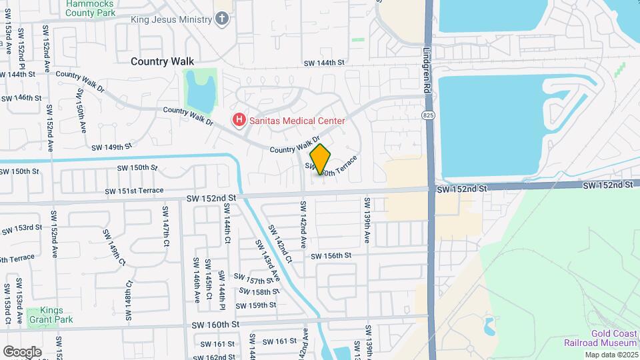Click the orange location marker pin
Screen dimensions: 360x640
(321, 160)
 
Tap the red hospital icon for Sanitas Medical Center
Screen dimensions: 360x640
(237, 121)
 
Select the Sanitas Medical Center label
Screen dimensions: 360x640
(295, 121)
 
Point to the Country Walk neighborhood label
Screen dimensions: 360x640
(162, 61)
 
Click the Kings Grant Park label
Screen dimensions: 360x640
(51, 315)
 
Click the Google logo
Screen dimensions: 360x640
(22, 351)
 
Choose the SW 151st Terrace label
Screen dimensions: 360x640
(134, 191)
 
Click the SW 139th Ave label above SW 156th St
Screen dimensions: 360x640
(367, 219)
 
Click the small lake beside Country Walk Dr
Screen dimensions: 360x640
(199, 92)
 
